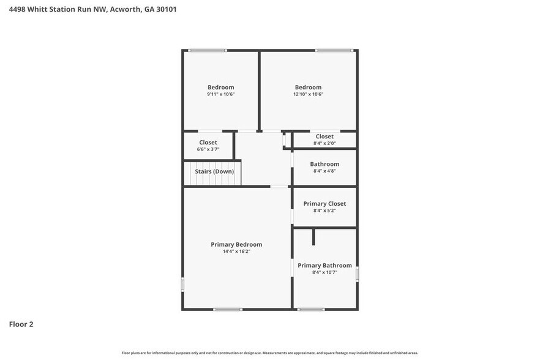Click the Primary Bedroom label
[x=236, y=245]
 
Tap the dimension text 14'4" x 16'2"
[x=236, y=252]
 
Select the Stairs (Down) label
[x=214, y=171]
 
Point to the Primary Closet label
[x=324, y=204]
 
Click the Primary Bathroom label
[x=324, y=265]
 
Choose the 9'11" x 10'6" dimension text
[x=221, y=94]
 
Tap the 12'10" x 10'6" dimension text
[x=308, y=94]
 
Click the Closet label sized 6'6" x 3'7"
[x=208, y=142]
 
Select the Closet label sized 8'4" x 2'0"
[x=324, y=137]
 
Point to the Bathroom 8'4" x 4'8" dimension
[x=324, y=171]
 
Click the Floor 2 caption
[x=21, y=324]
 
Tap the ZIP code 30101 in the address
[x=167, y=9]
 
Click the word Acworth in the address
[x=125, y=9]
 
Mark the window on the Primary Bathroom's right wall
[x=357, y=274]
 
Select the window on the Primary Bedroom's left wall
[x=182, y=285]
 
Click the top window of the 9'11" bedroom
[x=208, y=51]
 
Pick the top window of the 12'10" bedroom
[x=334, y=51]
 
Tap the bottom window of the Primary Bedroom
[x=228, y=309]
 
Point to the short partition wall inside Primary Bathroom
[x=313, y=237]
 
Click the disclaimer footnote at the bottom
[x=270, y=353]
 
